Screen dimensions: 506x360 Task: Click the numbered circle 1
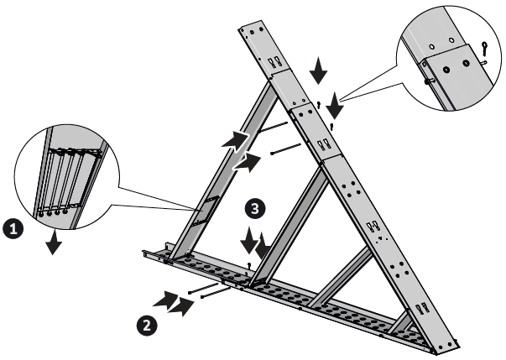[x=13, y=229]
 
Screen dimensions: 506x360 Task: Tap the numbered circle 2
[x=147, y=326]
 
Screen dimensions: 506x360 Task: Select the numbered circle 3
[x=255, y=208]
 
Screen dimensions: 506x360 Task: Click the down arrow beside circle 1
[x=54, y=242]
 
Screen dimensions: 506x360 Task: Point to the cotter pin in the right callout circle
[x=484, y=48]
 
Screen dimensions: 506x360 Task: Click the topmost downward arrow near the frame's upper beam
[x=319, y=70]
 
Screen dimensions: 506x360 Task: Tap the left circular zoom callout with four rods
[x=66, y=177]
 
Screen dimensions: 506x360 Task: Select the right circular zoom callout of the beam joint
[x=449, y=58]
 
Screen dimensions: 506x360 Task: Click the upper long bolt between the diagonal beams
[x=273, y=127]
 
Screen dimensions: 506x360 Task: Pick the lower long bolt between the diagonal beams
[x=286, y=149]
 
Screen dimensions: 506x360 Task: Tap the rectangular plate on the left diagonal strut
[x=206, y=210]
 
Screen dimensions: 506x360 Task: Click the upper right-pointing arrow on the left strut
[x=236, y=141]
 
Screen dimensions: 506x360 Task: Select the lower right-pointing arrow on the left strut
[x=247, y=162]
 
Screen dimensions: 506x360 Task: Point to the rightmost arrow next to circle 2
[x=181, y=306]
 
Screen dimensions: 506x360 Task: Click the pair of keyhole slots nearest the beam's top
[x=274, y=61]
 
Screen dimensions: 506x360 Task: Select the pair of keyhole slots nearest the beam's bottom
[x=423, y=308]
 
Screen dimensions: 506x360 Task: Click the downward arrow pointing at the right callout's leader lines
[x=335, y=106]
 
